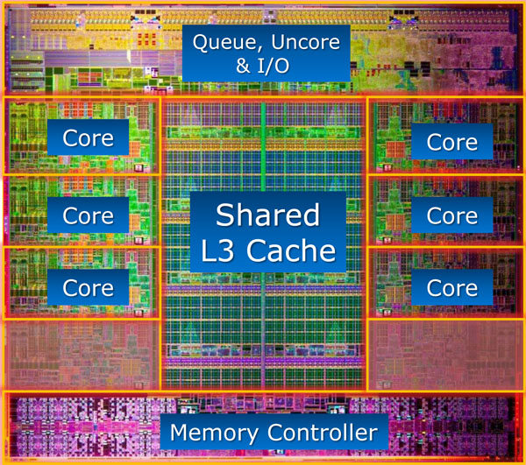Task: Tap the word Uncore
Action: click(305, 42)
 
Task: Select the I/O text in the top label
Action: click(274, 66)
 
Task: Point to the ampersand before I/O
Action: click(243, 66)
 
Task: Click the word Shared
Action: click(267, 215)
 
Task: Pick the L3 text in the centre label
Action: click(217, 250)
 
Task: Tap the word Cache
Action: click(291, 250)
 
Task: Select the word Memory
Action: click(214, 433)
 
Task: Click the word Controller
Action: click(323, 433)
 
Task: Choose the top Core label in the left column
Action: click(88, 138)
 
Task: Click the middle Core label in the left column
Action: click(88, 215)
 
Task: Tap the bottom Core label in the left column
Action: click(88, 288)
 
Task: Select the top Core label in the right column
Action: click(451, 142)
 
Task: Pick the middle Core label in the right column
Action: click(451, 215)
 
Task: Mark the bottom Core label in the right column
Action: click(451, 288)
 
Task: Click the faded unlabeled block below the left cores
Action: click(82, 356)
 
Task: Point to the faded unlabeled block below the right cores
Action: click(445, 356)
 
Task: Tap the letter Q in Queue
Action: click(201, 43)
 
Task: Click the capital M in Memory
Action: click(180, 433)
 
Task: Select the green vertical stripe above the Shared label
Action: click(263, 146)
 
